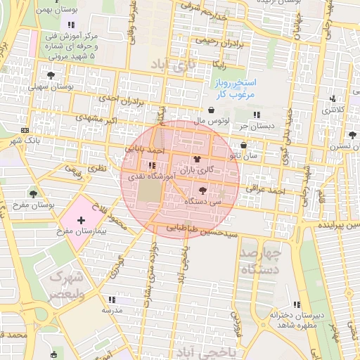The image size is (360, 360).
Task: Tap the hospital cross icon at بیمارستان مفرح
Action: click(x=80, y=220)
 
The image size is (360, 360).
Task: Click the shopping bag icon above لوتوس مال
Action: click(x=212, y=110)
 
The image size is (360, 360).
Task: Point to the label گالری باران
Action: click(x=195, y=170)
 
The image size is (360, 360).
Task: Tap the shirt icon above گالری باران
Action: click(x=195, y=160)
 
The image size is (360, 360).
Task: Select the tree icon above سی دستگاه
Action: click(x=203, y=191)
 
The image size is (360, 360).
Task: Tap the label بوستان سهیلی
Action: click(x=49, y=86)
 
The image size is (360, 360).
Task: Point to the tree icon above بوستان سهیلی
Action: click(x=50, y=75)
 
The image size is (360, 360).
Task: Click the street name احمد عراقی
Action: click(x=264, y=188)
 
